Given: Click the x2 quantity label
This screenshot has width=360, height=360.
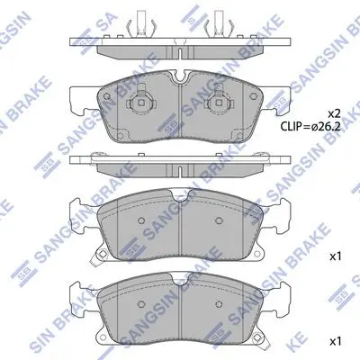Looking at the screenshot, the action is (x=334, y=113).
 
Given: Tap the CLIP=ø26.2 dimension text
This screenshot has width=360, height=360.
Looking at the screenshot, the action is (x=310, y=126).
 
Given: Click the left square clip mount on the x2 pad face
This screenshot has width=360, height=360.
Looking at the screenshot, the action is (x=140, y=103).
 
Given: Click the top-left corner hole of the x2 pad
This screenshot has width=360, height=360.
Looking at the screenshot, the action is (x=106, y=96).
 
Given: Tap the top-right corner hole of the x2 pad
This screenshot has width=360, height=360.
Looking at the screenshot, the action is (x=254, y=96).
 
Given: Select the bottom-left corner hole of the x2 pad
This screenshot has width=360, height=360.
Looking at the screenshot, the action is (x=121, y=136).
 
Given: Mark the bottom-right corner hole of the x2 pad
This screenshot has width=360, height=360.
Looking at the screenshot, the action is (x=239, y=136).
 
